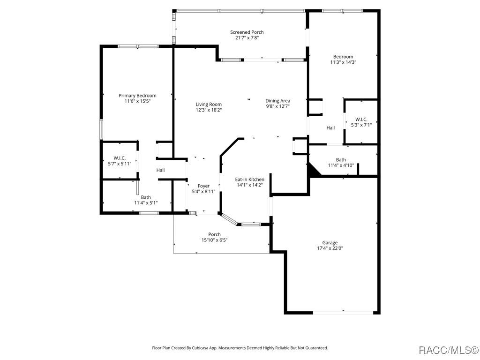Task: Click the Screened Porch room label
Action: click(x=247, y=32)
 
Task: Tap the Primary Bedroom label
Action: click(x=137, y=96)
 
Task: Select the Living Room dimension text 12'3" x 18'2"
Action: click(x=209, y=110)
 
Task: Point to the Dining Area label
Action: click(x=277, y=101)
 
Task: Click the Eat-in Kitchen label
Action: click(x=249, y=180)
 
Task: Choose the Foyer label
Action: click(x=203, y=186)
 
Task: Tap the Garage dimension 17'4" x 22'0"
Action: click(x=330, y=248)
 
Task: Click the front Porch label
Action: click(x=214, y=234)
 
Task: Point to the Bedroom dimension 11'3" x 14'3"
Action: click(x=343, y=62)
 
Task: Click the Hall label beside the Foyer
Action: click(x=160, y=170)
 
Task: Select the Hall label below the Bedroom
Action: click(x=330, y=128)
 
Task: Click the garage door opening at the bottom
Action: click(x=343, y=313)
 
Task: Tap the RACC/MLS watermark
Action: click(x=449, y=350)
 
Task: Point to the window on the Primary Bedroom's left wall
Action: click(x=101, y=129)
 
